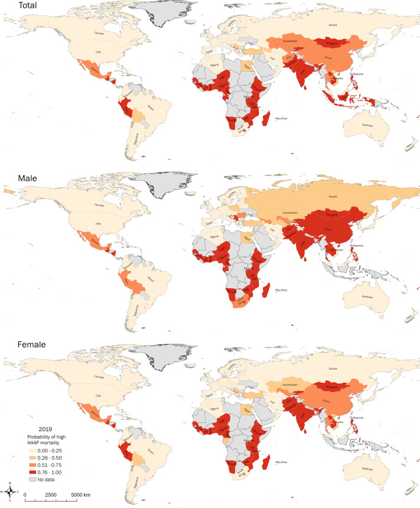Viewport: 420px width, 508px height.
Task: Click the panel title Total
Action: tap(15, 6)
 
